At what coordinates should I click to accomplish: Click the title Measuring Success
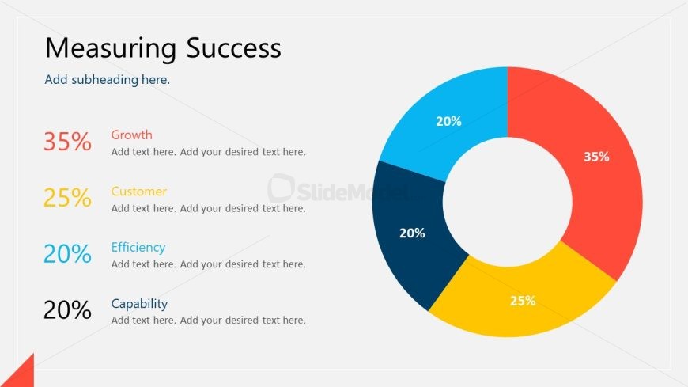coord(163,48)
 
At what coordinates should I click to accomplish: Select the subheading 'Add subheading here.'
coord(107,79)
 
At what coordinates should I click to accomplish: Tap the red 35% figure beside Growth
coord(67,142)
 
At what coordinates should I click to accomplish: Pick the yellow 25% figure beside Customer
coord(67,197)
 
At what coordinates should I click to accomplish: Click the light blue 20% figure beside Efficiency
coord(67,253)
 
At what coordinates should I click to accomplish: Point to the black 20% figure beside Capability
coord(67,309)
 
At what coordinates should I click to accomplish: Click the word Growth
coord(131,135)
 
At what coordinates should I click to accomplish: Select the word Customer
coord(138,192)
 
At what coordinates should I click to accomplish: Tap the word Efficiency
coord(138,248)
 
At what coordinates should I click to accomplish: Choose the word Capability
coord(139,304)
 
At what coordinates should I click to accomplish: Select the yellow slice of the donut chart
coord(522,298)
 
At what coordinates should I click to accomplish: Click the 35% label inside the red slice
coord(596,157)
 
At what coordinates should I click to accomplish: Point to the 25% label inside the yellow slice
coord(523,301)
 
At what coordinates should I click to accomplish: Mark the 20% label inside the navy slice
coord(412,233)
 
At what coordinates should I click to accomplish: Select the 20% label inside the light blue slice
coord(448,121)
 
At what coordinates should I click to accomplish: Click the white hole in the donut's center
coord(508,202)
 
